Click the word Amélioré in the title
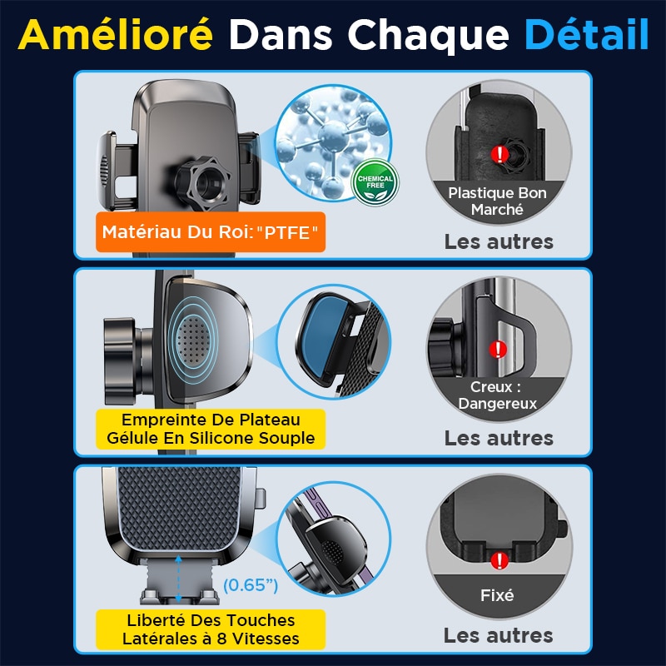[x=116, y=35]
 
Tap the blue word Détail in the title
[x=587, y=35]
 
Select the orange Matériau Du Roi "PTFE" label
[x=210, y=233]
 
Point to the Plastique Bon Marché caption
[x=497, y=201]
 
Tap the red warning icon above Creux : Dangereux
[x=499, y=349]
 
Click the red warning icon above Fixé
[x=499, y=559]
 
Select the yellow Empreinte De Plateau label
[x=210, y=429]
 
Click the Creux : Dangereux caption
[x=498, y=395]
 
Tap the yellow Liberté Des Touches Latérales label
[x=209, y=629]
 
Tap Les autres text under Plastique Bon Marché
[x=499, y=241]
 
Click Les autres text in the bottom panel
[x=499, y=635]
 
